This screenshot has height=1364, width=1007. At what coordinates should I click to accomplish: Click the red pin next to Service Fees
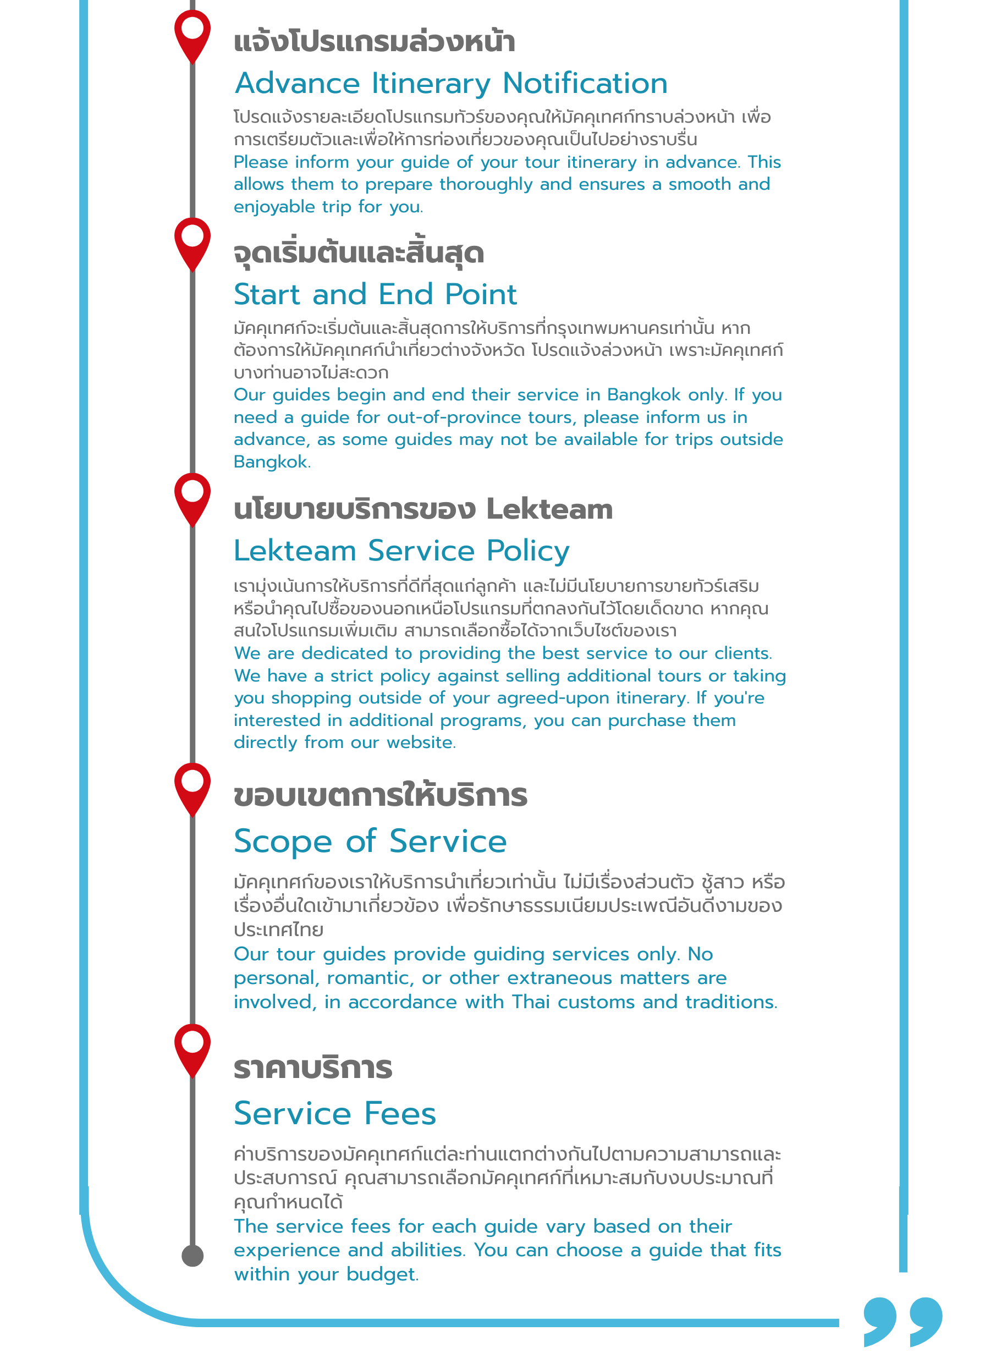(192, 1048)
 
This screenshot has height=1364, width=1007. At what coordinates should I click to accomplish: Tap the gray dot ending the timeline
(192, 1256)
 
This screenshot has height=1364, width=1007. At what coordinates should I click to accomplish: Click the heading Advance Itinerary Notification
(451, 84)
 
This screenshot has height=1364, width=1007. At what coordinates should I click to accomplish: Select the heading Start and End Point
(375, 294)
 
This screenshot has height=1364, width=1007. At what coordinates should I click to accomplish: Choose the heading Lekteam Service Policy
(401, 551)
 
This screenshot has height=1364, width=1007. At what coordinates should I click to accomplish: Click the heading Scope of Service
(370, 842)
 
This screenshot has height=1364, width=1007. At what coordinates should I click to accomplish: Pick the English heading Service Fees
(334, 1114)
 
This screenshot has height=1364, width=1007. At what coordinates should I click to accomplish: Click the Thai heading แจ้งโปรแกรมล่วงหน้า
(375, 41)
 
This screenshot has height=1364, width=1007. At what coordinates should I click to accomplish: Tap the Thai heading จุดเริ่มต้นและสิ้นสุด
(359, 253)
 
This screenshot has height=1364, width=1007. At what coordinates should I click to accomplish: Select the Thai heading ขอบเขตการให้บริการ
(381, 796)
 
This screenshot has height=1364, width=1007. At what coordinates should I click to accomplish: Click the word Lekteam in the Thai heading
(549, 509)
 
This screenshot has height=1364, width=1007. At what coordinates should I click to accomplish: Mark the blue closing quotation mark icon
(903, 1321)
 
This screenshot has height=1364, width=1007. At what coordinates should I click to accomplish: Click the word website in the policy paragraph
(420, 743)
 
